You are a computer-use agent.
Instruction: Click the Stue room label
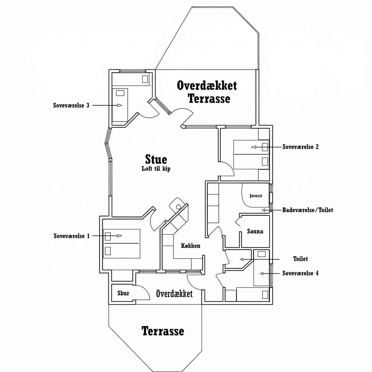[x=156, y=159]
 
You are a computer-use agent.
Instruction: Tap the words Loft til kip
[x=156, y=169]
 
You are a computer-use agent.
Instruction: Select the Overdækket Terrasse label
[x=207, y=92]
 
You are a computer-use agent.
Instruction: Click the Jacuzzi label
[x=256, y=196]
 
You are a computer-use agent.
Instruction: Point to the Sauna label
[x=255, y=231]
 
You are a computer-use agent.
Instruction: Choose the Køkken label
[x=191, y=246]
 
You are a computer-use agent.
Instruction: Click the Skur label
[x=123, y=293]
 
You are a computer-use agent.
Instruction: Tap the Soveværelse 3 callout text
[x=71, y=105]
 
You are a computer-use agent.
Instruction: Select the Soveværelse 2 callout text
[x=300, y=147]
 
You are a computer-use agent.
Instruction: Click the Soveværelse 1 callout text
[x=72, y=236]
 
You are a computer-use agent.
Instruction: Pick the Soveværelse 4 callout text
[x=300, y=273]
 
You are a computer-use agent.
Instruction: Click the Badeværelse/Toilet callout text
[x=308, y=210]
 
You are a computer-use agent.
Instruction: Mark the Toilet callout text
[x=300, y=259]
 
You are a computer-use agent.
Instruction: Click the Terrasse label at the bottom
[x=163, y=331]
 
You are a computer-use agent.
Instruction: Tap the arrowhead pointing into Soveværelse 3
[x=119, y=105]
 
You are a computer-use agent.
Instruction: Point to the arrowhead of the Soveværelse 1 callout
[x=119, y=236]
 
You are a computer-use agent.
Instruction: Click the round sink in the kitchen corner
[x=179, y=207]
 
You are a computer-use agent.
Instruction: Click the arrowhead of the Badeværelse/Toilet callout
[x=263, y=210]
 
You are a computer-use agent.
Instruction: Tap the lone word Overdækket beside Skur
[x=174, y=294]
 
